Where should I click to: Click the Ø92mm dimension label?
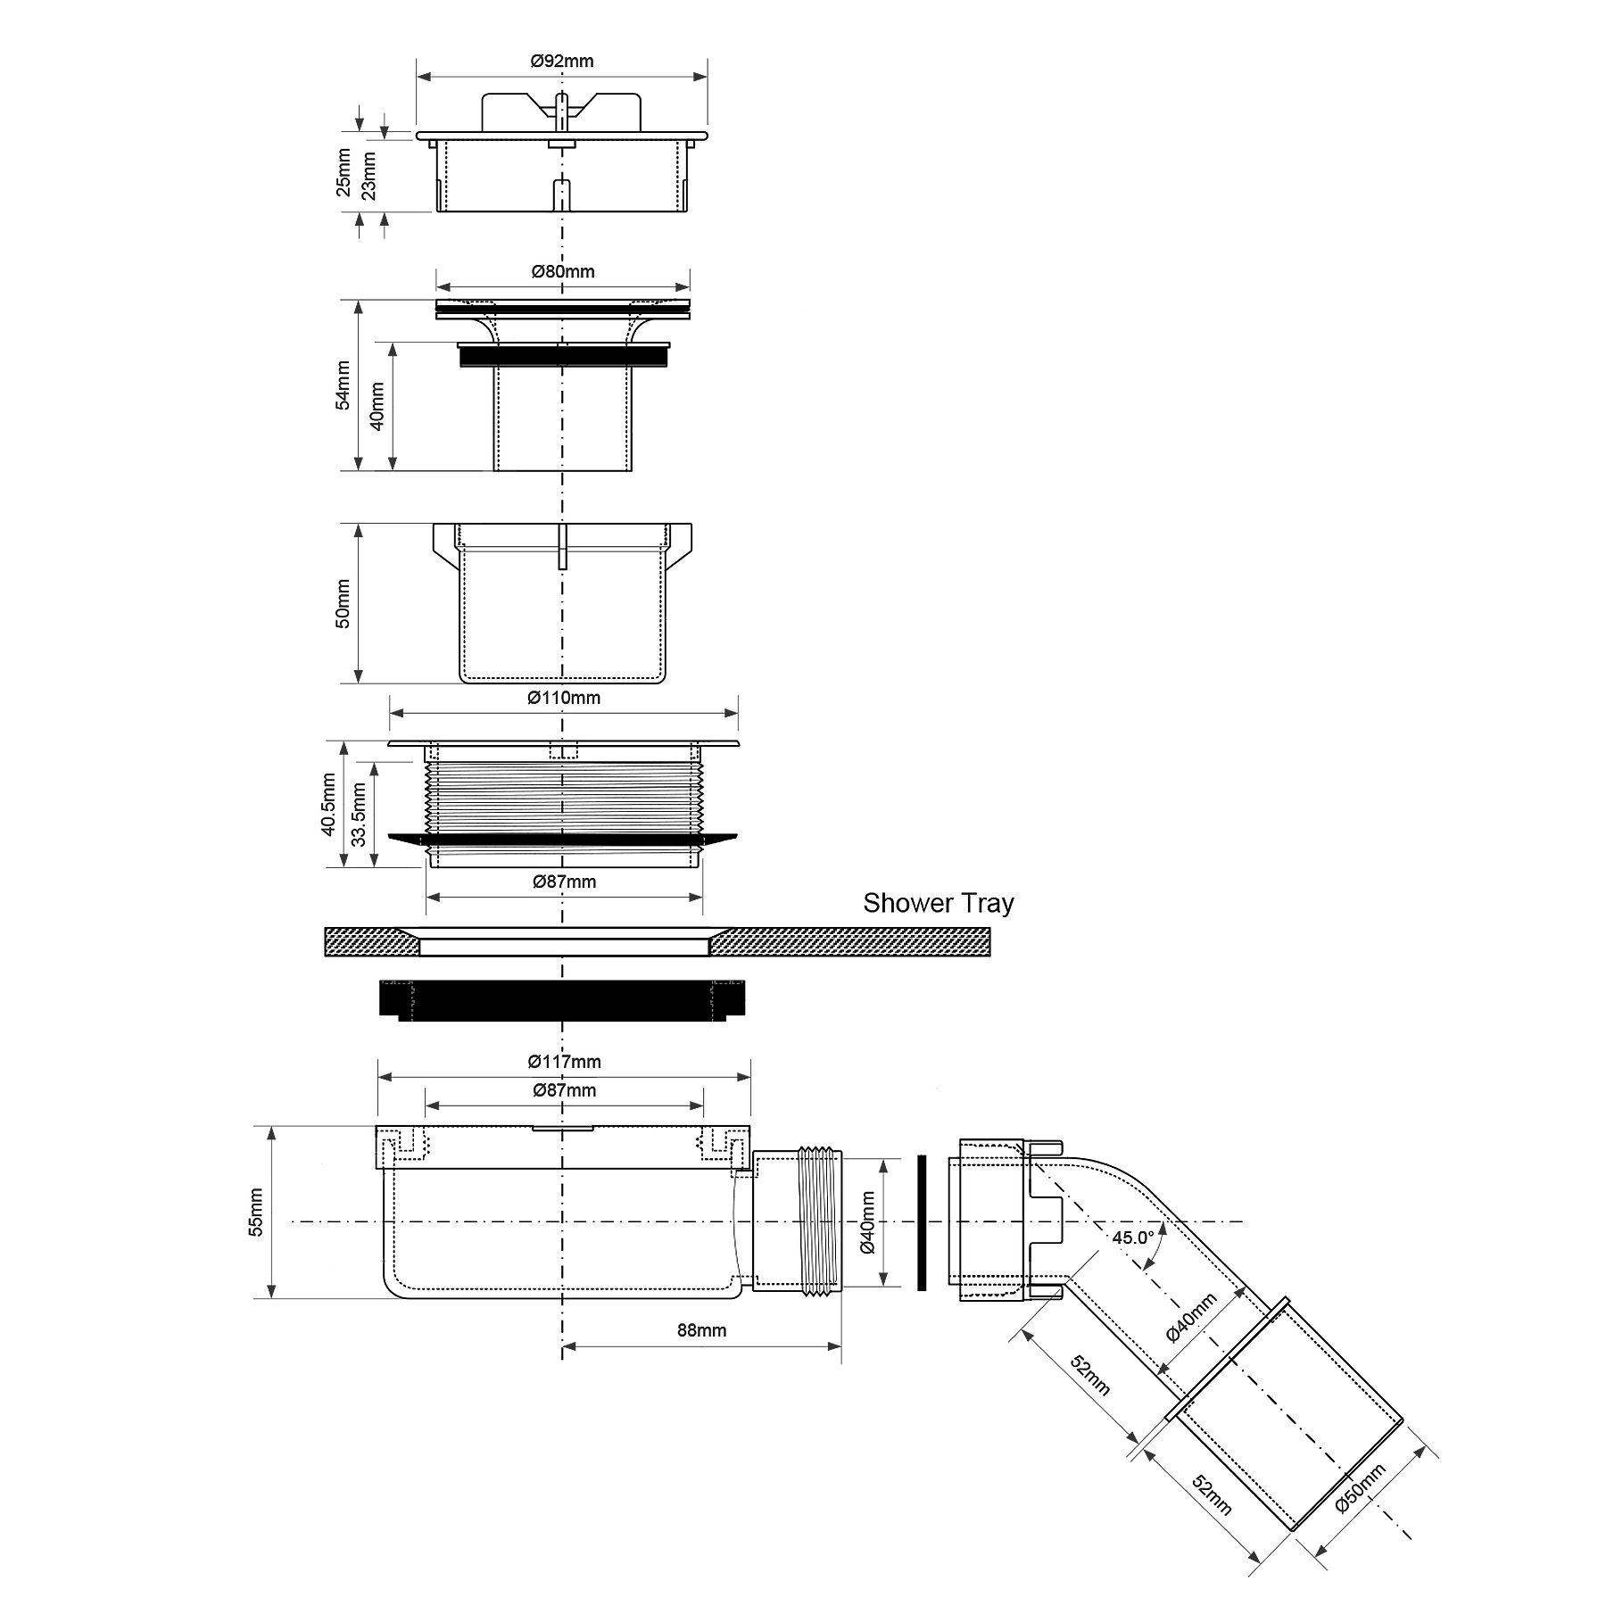pos(561,62)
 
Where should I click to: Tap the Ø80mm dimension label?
pos(563,271)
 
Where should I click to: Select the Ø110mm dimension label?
pos(564,698)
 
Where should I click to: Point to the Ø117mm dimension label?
pos(564,1062)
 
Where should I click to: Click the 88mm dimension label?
pos(701,1330)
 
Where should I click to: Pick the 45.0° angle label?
pos(1133,1238)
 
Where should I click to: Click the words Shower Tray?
pos(938,903)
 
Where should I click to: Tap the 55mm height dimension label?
pos(256,1212)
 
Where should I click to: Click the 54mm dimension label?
pos(343,385)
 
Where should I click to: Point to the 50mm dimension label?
pos(343,603)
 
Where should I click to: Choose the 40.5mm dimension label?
pos(328,804)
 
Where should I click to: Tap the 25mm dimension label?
pos(343,173)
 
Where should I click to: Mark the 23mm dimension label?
pos(368,175)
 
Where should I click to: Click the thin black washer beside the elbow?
pos(922,1221)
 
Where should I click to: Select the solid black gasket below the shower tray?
pos(563,999)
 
